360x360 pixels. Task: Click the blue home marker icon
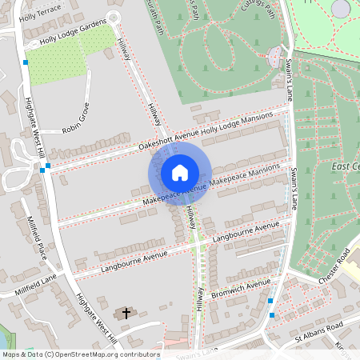180,172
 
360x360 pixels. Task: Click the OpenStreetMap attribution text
80,354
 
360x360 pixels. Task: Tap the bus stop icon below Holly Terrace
26,62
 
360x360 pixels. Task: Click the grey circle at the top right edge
341,8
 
